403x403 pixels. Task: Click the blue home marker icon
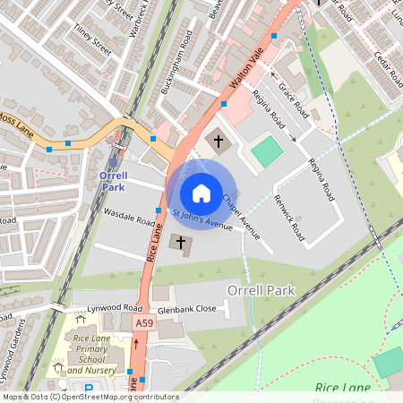201,193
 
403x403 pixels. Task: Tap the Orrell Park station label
113,181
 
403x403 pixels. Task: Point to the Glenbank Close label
187,310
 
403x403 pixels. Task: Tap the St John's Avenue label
202,219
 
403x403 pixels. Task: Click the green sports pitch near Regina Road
266,150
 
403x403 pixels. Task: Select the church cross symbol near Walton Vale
217,141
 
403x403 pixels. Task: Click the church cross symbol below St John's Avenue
182,243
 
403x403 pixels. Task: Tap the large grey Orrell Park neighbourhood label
262,291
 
